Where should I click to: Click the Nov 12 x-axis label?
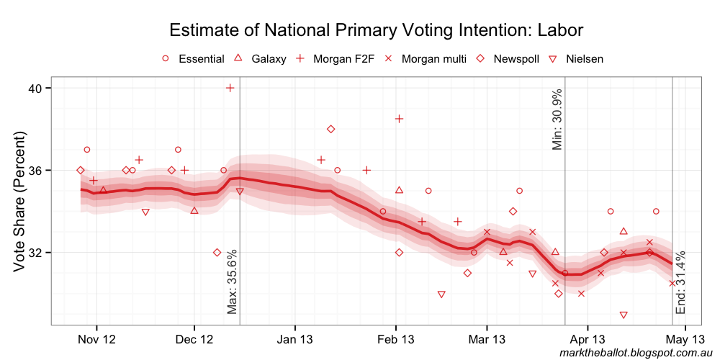(x=96, y=339)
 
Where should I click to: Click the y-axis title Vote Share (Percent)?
(x=19, y=202)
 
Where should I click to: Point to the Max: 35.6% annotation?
(x=232, y=282)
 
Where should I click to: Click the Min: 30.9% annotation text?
(x=557, y=120)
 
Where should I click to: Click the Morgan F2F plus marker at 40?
(x=230, y=88)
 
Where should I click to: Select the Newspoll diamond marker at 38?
(x=330, y=129)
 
